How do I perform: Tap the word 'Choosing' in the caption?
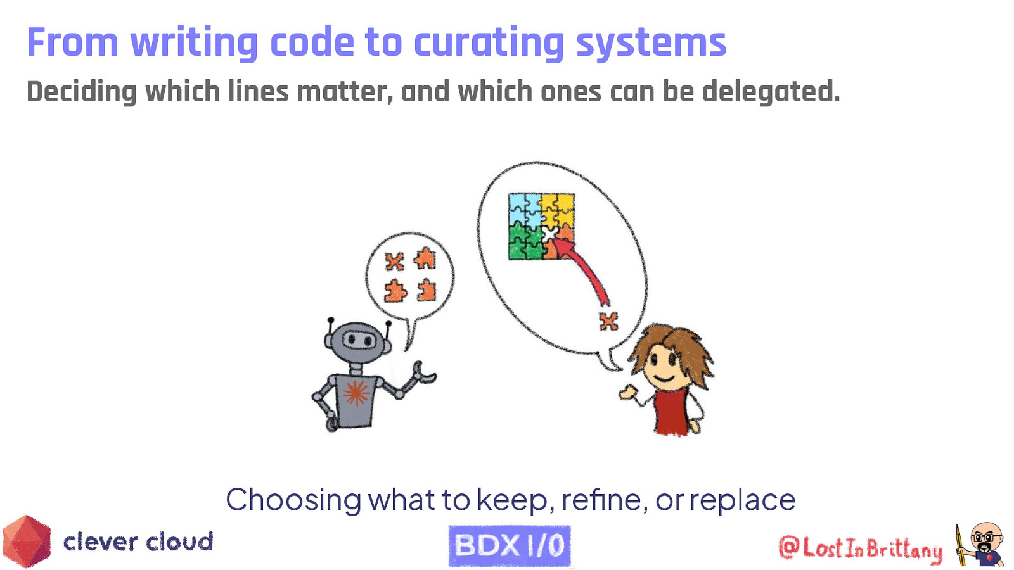click(x=293, y=500)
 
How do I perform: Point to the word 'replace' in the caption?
click(x=742, y=500)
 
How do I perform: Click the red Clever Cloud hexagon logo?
click(x=27, y=541)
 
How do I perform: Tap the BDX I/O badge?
click(x=510, y=545)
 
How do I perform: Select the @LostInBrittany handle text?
click(x=861, y=548)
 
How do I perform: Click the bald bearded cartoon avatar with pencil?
click(x=982, y=544)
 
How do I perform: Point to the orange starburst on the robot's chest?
click(x=356, y=393)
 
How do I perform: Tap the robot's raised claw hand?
click(x=423, y=373)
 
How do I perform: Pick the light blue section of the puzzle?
click(x=523, y=209)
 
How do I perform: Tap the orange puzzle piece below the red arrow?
click(x=608, y=321)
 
